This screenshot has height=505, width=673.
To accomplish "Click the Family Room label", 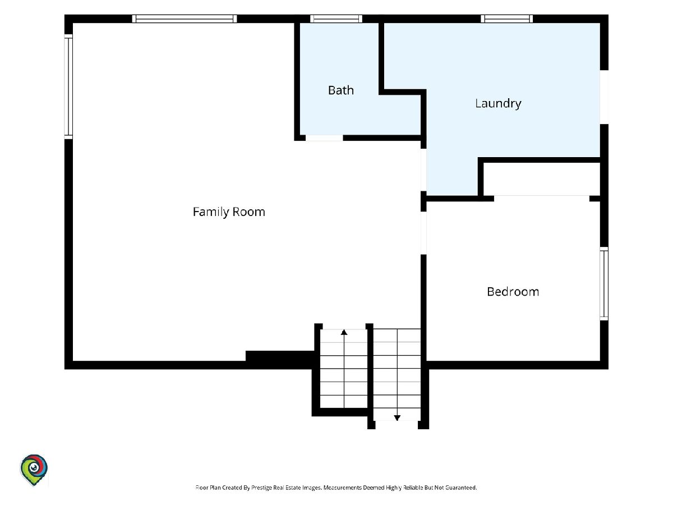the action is [229, 212].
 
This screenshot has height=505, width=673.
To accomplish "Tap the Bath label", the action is [340, 90].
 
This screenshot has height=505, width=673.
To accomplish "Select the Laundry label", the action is [498, 104].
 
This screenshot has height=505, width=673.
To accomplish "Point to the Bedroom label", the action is [513, 292].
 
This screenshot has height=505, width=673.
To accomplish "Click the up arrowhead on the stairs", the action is [344, 332].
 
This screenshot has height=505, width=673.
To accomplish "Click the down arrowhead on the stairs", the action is [397, 417].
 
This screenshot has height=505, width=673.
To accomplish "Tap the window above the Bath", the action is [336, 19].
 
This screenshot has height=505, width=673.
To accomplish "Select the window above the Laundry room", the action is [506, 19].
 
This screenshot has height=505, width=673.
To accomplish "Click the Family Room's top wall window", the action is [185, 19].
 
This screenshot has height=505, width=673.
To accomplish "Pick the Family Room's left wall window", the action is [68, 86].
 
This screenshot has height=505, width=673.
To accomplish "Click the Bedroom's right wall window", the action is [603, 283].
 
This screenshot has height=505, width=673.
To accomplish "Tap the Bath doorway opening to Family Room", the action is [324, 138].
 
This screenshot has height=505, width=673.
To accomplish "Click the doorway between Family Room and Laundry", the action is [423, 170].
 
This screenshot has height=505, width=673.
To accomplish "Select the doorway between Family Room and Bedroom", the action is [423, 233].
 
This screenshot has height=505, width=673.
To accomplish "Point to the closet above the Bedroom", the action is [541, 179].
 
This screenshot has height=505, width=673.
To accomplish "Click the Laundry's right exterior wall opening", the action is [603, 97].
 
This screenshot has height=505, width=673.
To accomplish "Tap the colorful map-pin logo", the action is [34, 470].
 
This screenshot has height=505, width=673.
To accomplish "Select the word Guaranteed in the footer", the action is [461, 488].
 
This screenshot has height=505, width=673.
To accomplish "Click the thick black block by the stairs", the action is [280, 356].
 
